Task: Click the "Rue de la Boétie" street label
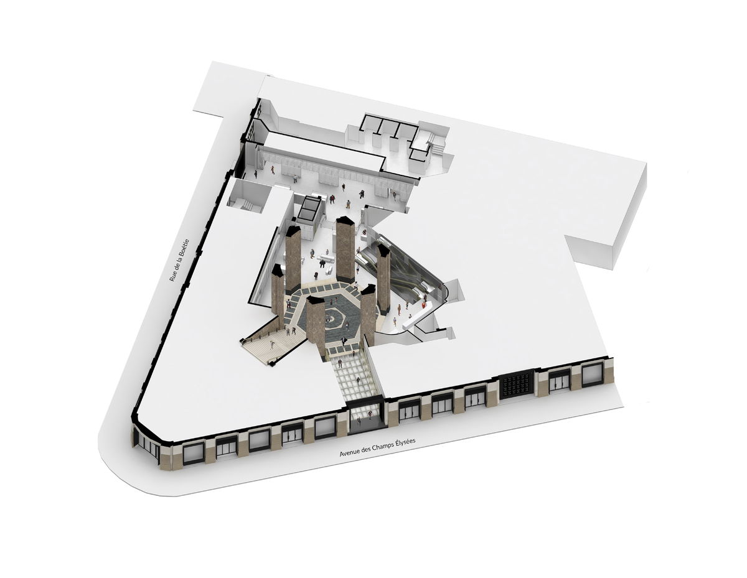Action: [179, 260]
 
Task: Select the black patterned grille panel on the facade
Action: [517, 385]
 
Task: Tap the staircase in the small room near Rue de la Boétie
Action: [247, 205]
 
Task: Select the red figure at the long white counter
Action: [425, 305]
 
